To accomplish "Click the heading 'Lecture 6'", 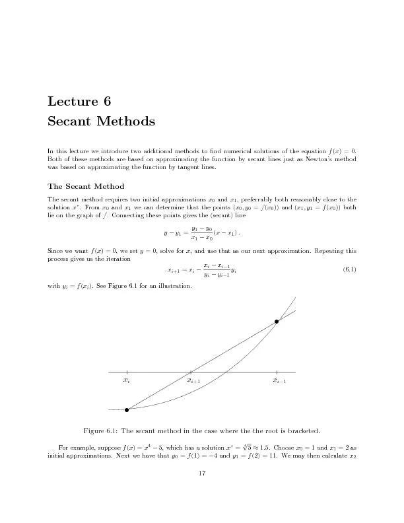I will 79,101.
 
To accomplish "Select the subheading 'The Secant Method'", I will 86,186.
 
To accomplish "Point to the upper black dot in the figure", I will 277,322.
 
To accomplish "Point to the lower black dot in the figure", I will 127,409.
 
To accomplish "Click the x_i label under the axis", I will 127,382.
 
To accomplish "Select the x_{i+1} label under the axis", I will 194,382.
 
